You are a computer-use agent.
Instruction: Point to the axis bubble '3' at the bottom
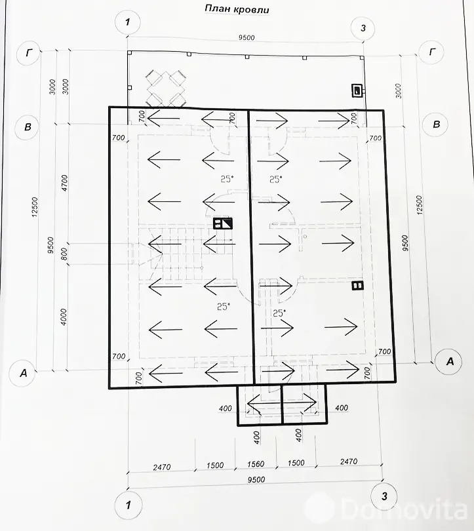tap(384, 495)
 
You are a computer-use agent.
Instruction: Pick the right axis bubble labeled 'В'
tap(435, 125)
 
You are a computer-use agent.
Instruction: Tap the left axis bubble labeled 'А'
tap(24, 373)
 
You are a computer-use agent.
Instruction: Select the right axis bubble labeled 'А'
tap(449, 360)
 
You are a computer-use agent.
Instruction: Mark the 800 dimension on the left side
tap(64, 253)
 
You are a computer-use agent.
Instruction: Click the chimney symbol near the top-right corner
tap(357, 91)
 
